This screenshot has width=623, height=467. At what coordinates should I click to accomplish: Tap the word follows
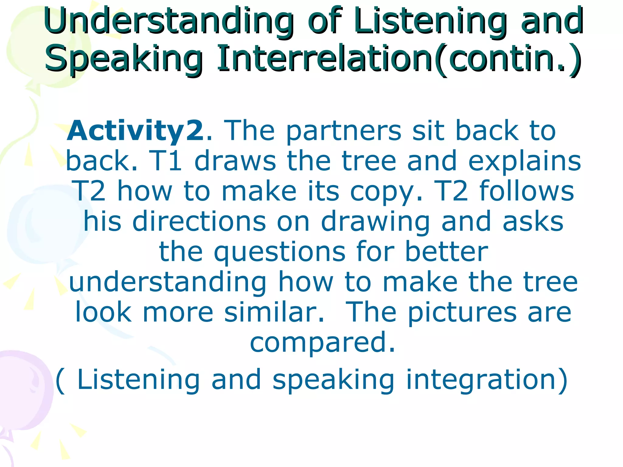527,191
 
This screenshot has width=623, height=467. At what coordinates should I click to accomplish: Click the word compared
322,342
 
